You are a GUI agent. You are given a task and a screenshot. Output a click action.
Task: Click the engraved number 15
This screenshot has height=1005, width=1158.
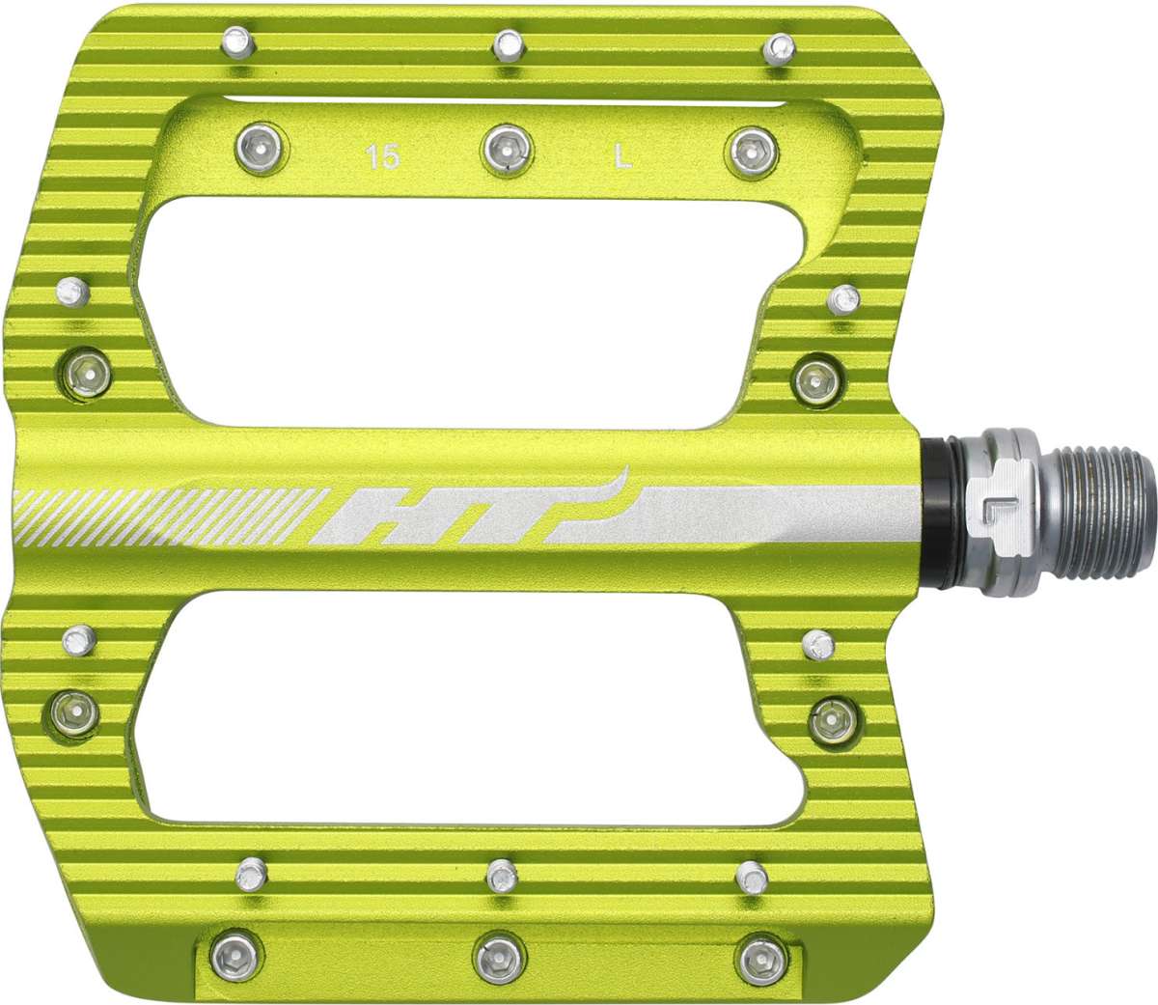point(383,157)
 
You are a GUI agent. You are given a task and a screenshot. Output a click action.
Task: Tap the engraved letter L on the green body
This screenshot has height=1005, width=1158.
point(624,157)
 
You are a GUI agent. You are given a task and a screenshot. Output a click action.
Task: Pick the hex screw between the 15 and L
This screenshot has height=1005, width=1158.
point(505,148)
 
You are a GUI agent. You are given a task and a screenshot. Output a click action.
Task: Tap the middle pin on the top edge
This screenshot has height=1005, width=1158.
point(509,43)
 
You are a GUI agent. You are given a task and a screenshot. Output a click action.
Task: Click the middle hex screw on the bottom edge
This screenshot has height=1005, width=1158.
point(500,953)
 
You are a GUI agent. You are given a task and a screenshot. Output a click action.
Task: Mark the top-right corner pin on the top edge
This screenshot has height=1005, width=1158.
point(779,46)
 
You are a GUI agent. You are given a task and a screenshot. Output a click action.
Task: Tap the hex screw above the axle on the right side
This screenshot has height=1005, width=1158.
point(818,375)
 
